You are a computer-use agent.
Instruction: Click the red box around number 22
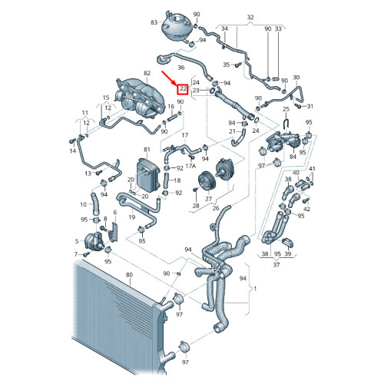[184, 89]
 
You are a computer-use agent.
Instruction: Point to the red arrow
[170, 78]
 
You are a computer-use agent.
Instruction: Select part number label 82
[147, 73]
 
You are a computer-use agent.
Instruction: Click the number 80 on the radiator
[129, 275]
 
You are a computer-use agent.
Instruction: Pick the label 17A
[190, 166]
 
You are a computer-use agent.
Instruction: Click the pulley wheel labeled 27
[207, 181]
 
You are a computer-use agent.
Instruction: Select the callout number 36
[181, 68]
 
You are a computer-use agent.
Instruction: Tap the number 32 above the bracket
[250, 18]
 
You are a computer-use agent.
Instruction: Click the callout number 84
[293, 157]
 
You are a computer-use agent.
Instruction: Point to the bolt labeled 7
[86, 254]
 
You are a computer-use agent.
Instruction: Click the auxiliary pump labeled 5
[94, 241]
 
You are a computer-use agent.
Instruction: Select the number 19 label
[132, 217]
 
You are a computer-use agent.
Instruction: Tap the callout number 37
[276, 265]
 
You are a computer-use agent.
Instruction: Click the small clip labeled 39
[288, 243]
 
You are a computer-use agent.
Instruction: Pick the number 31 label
[310, 106]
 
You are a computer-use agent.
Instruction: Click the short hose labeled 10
[94, 204]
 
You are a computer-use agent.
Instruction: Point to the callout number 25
[286, 109]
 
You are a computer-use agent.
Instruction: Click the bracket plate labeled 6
[113, 232]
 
